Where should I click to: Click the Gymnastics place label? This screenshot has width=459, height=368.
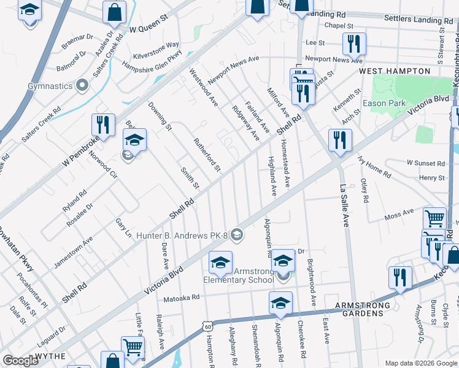(50, 86)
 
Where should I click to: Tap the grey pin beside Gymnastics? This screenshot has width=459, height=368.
(82, 86)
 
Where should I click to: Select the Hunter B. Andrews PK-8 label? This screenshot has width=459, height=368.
(182, 234)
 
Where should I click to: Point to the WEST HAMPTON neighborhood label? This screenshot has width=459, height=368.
(395, 72)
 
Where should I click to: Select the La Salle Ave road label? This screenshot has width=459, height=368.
(344, 205)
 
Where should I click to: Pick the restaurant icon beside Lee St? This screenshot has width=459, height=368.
(354, 43)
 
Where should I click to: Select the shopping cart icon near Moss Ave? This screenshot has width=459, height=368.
(434, 218)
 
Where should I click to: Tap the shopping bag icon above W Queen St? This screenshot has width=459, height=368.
(114, 11)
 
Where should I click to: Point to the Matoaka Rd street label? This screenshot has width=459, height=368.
(182, 297)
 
